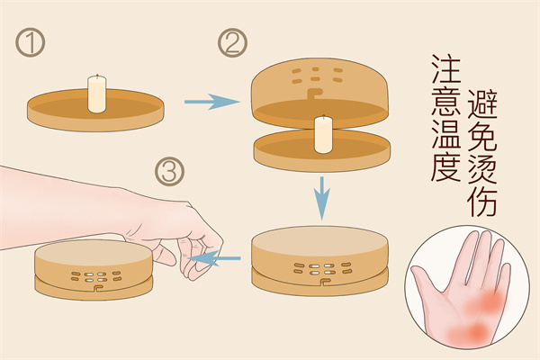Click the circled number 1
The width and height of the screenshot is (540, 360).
(x=31, y=42)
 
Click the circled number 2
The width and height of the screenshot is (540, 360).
(x=232, y=42)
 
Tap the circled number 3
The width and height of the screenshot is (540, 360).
(x=169, y=172)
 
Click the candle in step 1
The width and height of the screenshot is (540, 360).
(x=97, y=94)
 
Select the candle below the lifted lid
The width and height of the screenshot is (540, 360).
(x=323, y=134)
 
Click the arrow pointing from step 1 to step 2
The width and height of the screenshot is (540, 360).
(x=211, y=102)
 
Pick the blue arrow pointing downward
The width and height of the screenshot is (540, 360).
(x=322, y=198)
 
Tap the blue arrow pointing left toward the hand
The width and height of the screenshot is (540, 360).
(x=214, y=258)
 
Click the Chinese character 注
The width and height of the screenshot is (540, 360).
(x=446, y=68)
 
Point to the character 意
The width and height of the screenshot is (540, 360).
(x=446, y=101)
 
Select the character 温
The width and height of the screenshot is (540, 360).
(x=446, y=134)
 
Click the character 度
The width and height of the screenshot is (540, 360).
(x=446, y=166)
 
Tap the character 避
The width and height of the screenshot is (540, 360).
(x=482, y=104)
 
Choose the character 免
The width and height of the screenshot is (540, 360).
(x=482, y=137)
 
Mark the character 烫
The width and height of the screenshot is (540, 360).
(x=482, y=169)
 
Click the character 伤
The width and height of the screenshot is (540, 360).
(x=482, y=202)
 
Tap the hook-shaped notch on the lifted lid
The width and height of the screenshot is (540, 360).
(x=313, y=93)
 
